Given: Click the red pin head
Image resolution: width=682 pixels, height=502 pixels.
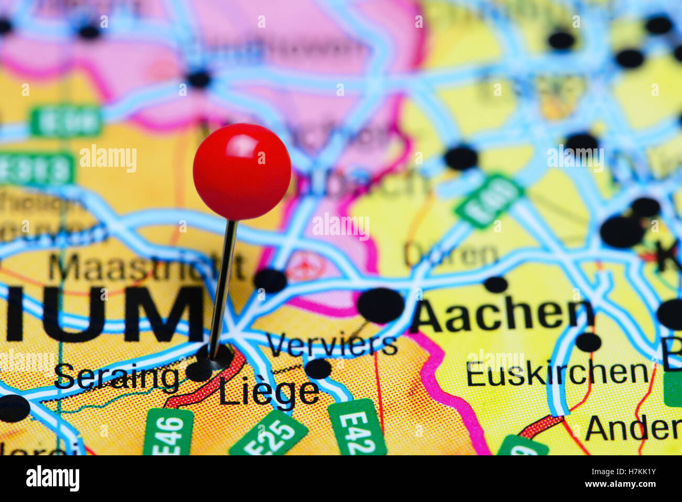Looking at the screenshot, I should (x=242, y=172).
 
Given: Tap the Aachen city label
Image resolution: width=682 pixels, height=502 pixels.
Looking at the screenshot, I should (x=503, y=316).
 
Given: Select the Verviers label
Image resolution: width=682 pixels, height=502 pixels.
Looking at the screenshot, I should (x=332, y=345).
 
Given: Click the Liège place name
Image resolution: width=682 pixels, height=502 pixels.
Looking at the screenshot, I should (x=269, y=392).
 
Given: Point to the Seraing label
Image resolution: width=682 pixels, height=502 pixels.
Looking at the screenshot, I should (x=116, y=377).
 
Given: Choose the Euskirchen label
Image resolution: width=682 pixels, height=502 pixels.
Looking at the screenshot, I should (x=557, y=373).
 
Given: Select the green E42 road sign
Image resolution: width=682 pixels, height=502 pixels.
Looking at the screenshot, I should (x=357, y=428).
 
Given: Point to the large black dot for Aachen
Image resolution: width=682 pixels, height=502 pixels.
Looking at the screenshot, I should (x=381, y=305).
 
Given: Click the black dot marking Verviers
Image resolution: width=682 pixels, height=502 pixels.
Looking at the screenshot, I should (x=318, y=368).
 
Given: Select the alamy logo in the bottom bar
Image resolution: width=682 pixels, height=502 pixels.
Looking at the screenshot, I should (x=52, y=478).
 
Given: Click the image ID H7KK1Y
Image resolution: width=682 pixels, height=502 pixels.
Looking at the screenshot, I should (x=629, y=471).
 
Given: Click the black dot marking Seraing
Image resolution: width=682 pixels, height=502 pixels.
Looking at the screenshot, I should (x=199, y=371).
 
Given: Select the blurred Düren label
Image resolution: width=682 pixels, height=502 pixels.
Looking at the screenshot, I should (x=451, y=255).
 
